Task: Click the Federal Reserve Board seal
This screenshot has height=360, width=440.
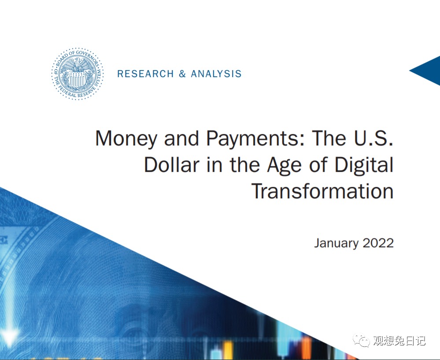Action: [x=78, y=74]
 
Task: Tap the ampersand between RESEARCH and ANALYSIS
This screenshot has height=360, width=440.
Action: [x=182, y=74]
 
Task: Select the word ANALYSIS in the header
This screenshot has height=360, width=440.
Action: [x=216, y=74]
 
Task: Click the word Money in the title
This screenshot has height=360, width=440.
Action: [x=126, y=139]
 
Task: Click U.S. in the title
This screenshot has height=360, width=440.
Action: [x=373, y=138]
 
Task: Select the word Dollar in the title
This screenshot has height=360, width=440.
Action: [x=171, y=164]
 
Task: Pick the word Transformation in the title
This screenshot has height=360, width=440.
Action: [x=322, y=191]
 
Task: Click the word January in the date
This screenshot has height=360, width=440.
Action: [x=336, y=243]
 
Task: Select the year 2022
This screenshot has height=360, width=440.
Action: [x=378, y=243]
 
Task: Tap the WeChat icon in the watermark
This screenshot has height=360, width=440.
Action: [x=362, y=340]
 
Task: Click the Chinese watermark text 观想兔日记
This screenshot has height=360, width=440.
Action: [x=399, y=341]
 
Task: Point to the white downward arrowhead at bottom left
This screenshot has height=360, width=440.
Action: [x=9, y=337]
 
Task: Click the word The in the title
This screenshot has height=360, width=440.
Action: [x=329, y=138]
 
